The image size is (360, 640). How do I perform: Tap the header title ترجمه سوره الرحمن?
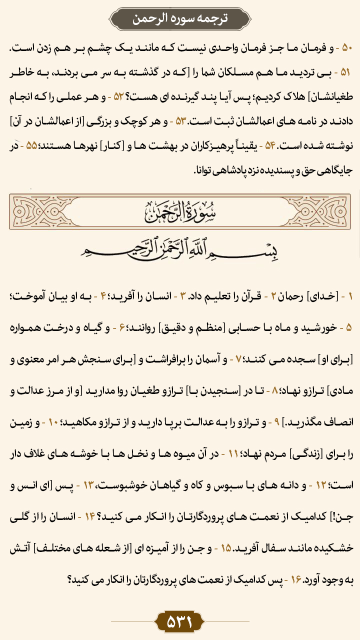(180, 19)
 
